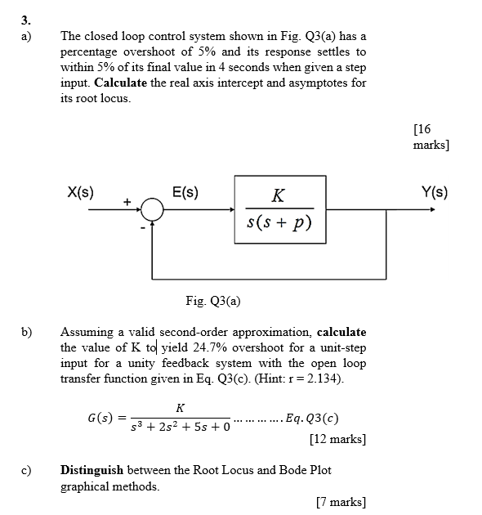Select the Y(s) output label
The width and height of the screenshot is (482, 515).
(435, 193)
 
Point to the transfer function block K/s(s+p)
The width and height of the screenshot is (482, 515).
(279, 209)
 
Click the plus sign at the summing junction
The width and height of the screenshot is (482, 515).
(127, 200)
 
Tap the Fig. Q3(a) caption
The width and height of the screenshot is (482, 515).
(212, 301)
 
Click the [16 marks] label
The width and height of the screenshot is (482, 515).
(431, 136)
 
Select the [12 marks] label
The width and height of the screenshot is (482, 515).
(337, 439)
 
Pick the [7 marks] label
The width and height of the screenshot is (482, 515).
(341, 501)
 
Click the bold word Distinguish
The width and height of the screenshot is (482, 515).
(91, 471)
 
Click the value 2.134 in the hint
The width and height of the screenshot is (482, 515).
(325, 378)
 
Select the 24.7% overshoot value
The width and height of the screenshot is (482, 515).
(191, 348)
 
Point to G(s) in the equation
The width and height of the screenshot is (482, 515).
(100, 419)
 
